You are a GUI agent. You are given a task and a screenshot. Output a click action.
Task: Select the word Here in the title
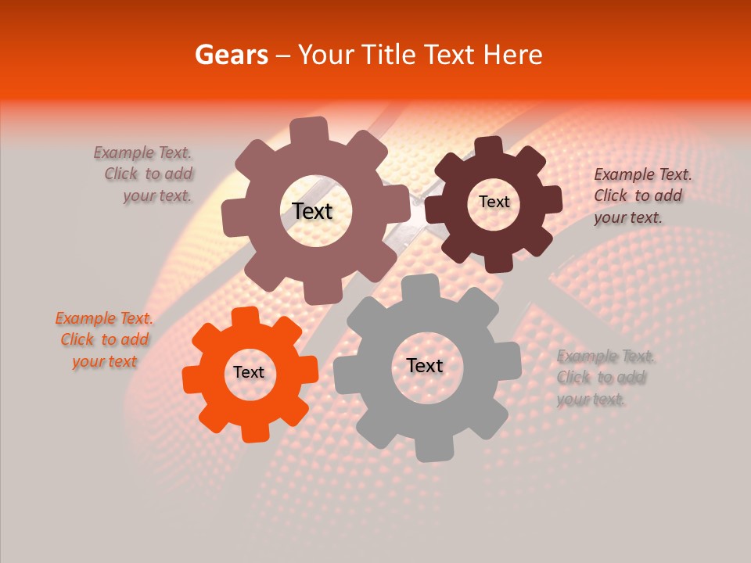tap(513, 55)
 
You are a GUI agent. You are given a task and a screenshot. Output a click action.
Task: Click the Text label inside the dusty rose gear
tap(312, 211)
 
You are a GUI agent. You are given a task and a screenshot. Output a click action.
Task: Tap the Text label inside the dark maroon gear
tap(494, 202)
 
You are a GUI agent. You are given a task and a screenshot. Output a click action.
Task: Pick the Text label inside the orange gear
tap(249, 372)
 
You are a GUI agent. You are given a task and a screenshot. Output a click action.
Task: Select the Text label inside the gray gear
tap(425, 365)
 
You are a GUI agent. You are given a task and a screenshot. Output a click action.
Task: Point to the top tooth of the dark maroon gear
tap(489, 145)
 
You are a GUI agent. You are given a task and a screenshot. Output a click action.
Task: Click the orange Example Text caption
tap(104, 340)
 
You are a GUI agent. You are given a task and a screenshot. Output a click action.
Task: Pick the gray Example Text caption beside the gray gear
tap(604, 378)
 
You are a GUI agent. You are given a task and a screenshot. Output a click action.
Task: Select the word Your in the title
tap(326, 55)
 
